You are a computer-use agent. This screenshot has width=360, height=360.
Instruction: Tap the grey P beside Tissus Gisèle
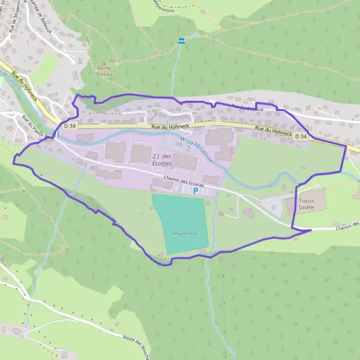[274, 208]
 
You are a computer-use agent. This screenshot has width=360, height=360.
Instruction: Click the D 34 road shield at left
[69, 126]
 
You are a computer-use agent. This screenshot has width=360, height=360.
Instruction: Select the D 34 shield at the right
[301, 136]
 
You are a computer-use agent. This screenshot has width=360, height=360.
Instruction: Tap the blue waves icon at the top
[181, 41]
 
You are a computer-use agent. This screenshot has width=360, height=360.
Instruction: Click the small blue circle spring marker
[196, 35]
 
